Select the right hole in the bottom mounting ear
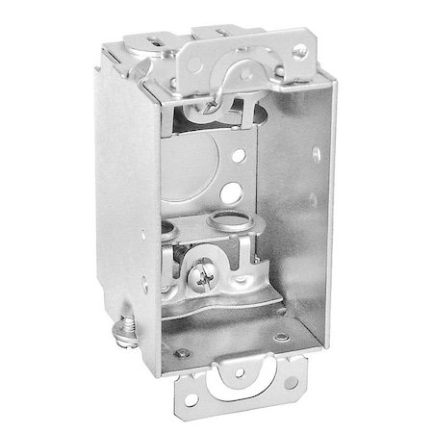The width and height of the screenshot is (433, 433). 290,383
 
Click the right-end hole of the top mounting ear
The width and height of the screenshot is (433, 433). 300,51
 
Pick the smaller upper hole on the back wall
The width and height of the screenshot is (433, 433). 239,154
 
